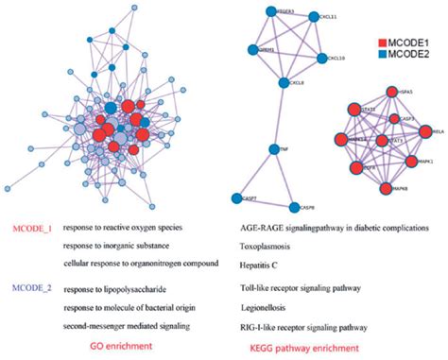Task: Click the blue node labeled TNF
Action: click(x=270, y=149)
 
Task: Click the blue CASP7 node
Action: click(x=236, y=197)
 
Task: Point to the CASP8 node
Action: click(x=293, y=207)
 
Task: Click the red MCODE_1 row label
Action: click(x=33, y=229)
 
